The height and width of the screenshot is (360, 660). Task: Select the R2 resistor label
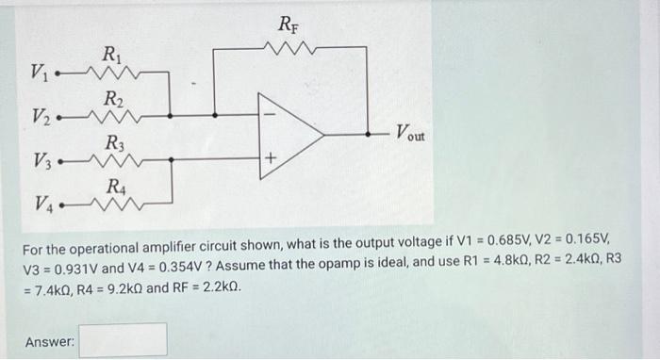[x=112, y=98]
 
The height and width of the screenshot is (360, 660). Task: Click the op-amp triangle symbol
[x=288, y=135]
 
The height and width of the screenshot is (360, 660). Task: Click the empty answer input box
[x=123, y=339]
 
